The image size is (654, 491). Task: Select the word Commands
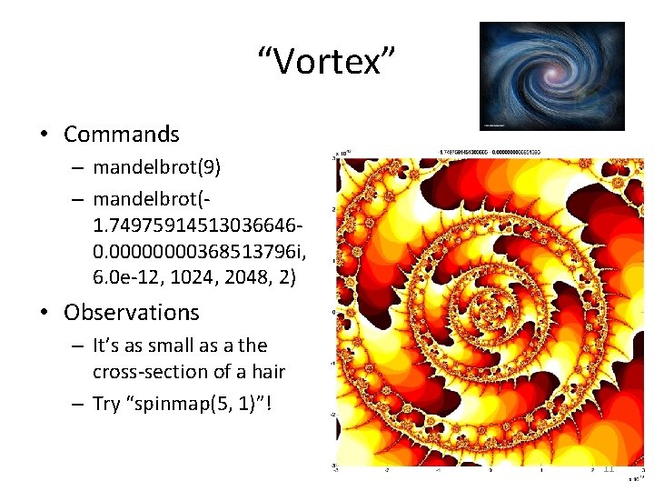[x=122, y=135]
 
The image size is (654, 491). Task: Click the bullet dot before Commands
[x=43, y=135]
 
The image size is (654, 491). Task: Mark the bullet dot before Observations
[x=43, y=313]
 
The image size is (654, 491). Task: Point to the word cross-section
[x=144, y=372]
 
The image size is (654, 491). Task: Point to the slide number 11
[x=609, y=468]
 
